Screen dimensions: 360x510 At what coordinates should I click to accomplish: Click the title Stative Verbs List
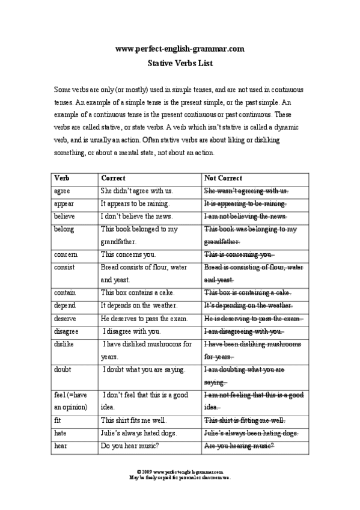[x=180, y=62]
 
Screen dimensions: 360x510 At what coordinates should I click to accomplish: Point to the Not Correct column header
[x=224, y=178]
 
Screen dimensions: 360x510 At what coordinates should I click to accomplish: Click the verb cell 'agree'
[x=62, y=191]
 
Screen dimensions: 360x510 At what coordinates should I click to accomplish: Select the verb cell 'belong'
[x=64, y=229]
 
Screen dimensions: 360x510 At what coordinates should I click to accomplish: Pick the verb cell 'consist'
[x=65, y=267]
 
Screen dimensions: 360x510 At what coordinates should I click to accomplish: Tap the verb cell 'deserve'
[x=65, y=318]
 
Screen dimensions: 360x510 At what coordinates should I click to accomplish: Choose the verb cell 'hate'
[x=60, y=433]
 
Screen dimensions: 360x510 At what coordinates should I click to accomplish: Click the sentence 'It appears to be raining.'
[x=135, y=204]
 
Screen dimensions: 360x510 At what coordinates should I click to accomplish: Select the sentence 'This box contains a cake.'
[x=138, y=293]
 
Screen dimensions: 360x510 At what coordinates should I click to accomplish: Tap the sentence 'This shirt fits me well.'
[x=133, y=420]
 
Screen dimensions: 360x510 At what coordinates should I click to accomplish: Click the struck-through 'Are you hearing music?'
[x=239, y=446]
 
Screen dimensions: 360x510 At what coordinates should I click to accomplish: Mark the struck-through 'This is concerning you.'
[x=239, y=254]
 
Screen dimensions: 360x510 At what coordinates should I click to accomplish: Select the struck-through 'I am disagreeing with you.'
[x=243, y=331]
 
